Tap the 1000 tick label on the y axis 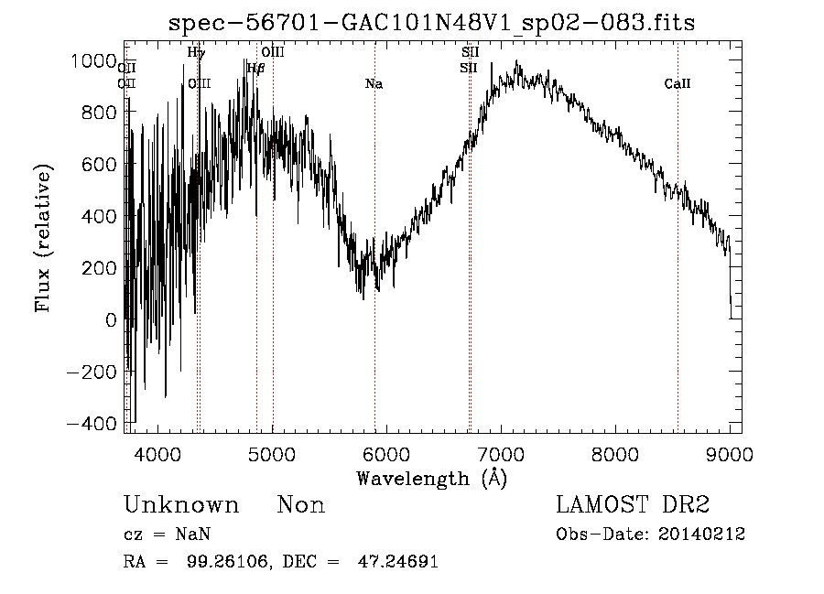click(95, 60)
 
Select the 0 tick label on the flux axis click(111, 320)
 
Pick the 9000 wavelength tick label click(730, 454)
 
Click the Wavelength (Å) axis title click(431, 478)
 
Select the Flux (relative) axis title click(44, 238)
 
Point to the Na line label click(374, 84)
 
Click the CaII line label click(678, 84)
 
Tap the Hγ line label click(196, 53)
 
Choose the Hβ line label click(255, 68)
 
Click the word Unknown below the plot click(181, 505)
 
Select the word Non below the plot click(301, 505)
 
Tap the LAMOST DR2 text click(633, 504)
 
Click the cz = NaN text click(169, 535)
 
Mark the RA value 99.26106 click(233, 562)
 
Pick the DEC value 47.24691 click(397, 562)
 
